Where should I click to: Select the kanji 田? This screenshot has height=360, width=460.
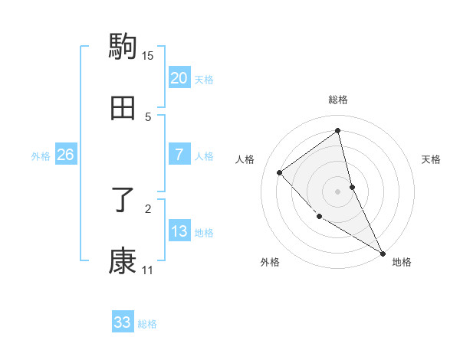coord(123,108)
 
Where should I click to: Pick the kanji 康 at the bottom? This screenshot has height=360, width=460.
coord(123,261)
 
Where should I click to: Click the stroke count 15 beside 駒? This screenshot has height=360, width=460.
coord(148,55)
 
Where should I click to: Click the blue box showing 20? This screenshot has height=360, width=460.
coord(179,78)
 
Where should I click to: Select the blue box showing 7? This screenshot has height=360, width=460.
coord(179,155)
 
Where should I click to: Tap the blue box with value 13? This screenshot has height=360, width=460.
coord(179,231)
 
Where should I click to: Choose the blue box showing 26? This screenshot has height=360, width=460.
coord(65,155)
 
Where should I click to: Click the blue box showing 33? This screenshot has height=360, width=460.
coord(123,322)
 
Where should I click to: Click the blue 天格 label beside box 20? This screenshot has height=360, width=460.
coord(204,80)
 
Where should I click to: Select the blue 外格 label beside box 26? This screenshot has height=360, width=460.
coord(41,156)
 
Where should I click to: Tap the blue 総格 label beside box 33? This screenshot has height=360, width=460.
coord(147,324)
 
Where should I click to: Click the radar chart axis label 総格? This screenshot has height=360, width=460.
coord(338,100)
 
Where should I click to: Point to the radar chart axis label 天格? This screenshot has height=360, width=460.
coord(432,159)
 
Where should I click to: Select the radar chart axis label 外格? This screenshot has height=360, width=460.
coord(270,262)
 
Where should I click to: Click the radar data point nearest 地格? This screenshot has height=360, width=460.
coord(383,253)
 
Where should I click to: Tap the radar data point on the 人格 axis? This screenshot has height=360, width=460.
coord(280,172)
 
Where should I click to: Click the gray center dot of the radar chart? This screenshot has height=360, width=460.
coord(338,191)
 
